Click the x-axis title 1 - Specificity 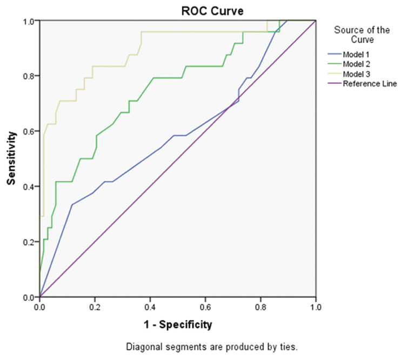(177, 325)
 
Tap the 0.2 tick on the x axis (95, 306)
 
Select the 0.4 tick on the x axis (150, 306)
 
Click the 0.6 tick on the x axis (205, 306)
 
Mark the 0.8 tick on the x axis (261, 306)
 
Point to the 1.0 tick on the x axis (316, 306)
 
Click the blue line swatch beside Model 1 (334, 54)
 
